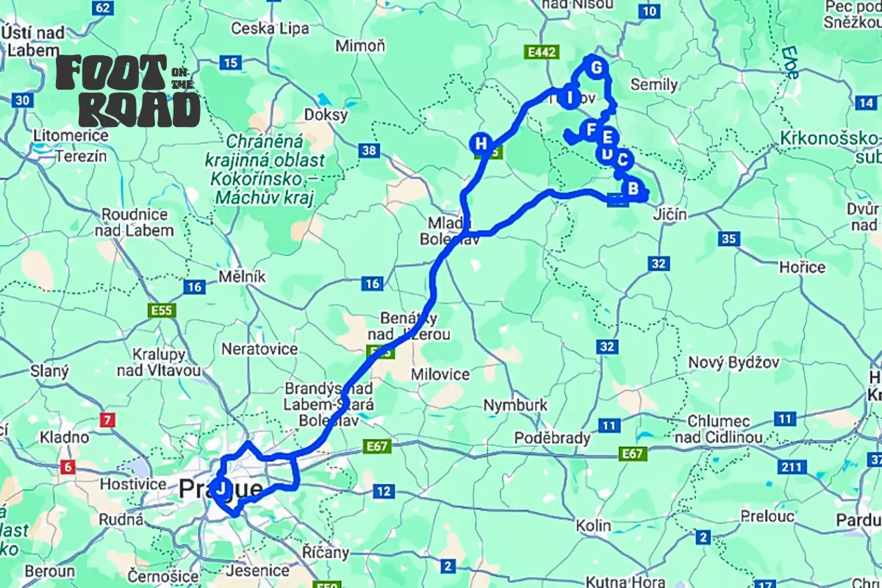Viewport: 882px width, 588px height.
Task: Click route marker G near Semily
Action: [596, 68]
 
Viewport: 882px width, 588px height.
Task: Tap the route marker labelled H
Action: [481, 143]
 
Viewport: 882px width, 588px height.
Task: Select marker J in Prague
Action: [220, 487]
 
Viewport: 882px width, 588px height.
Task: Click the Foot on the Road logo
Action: [129, 91]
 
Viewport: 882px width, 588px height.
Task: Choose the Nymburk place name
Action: [515, 405]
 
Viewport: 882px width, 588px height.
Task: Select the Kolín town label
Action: [594, 526]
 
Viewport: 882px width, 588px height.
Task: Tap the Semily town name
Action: [653, 85]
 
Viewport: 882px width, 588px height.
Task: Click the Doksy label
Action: [325, 115]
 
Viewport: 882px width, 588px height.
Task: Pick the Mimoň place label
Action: [360, 46]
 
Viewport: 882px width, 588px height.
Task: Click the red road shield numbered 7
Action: [108, 421]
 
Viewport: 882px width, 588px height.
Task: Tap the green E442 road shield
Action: [542, 52]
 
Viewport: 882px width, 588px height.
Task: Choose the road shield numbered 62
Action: [104, 8]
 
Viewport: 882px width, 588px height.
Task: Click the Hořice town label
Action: [802, 267]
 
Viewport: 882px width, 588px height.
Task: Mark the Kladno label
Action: [65, 437]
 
